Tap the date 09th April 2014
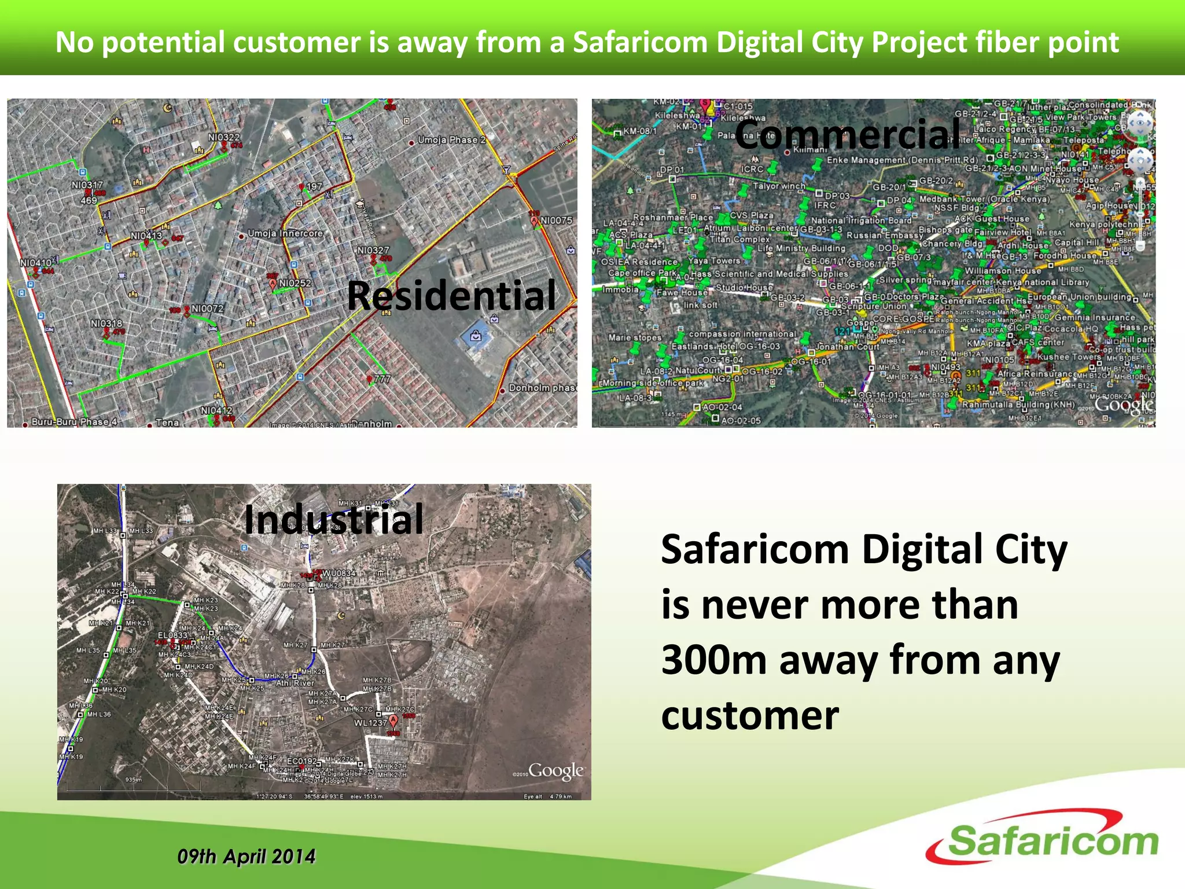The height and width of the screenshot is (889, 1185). click(246, 857)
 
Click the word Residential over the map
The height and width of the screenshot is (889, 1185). click(451, 295)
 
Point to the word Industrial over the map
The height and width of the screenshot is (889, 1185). click(334, 519)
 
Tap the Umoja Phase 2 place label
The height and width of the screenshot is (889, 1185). click(451, 140)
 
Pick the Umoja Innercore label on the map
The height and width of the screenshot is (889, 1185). click(285, 233)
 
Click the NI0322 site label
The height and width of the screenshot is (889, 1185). click(224, 137)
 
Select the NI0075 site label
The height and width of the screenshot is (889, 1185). click(556, 221)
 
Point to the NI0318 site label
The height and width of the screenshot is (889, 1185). click(106, 323)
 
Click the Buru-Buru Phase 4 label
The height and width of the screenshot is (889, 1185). click(74, 422)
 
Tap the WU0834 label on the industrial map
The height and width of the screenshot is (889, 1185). click(339, 574)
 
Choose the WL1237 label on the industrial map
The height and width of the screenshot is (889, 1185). click(370, 723)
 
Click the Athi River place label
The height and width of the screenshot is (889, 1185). click(295, 683)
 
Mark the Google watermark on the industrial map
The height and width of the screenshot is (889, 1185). click(555, 770)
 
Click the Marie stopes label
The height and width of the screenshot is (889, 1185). click(635, 337)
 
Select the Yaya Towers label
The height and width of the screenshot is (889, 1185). click(715, 260)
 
